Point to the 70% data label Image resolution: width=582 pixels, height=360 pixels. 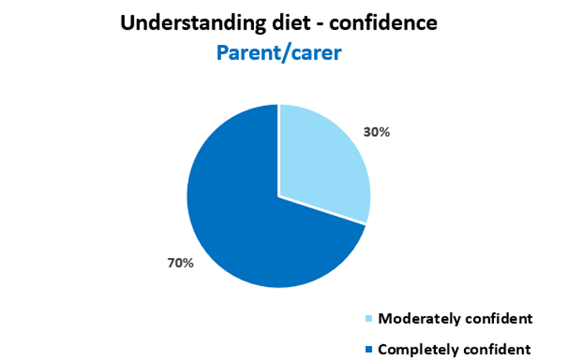click(x=179, y=263)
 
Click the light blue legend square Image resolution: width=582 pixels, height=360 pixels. click(x=370, y=319)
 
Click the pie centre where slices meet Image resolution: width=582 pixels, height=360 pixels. click(x=279, y=196)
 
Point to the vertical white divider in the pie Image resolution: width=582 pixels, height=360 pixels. click(x=279, y=149)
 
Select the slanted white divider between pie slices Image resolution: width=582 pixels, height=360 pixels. click(x=322, y=211)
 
